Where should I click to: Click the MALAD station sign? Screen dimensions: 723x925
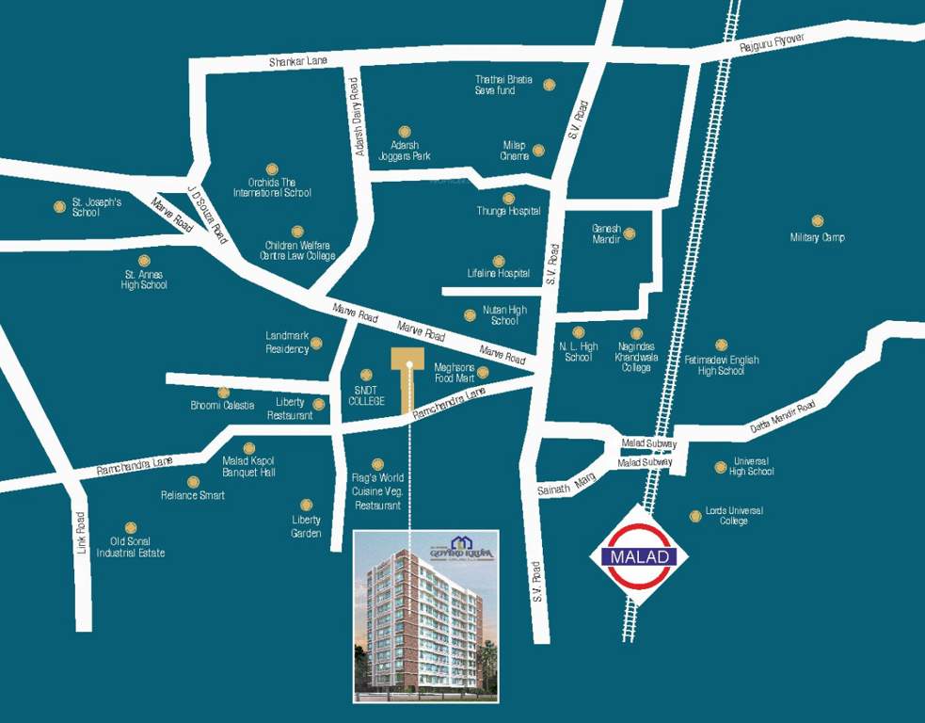click(x=639, y=555)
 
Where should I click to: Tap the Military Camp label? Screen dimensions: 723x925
click(x=817, y=237)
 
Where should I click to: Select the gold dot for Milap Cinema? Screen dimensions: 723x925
click(x=538, y=150)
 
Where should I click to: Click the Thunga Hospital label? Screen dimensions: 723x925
click(x=509, y=211)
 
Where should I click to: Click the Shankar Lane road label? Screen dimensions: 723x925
click(x=298, y=61)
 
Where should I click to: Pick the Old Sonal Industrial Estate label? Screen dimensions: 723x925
click(x=131, y=547)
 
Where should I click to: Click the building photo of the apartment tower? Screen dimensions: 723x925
click(x=425, y=617)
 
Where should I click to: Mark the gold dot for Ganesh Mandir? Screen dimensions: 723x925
click(x=630, y=233)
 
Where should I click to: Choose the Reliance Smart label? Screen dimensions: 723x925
click(x=193, y=495)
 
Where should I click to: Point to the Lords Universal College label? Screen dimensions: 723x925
click(x=734, y=516)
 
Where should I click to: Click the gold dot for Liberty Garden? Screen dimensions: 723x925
click(x=306, y=506)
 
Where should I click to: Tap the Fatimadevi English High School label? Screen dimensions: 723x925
click(x=722, y=365)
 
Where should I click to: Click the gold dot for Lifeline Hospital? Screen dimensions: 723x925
click(x=499, y=261)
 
